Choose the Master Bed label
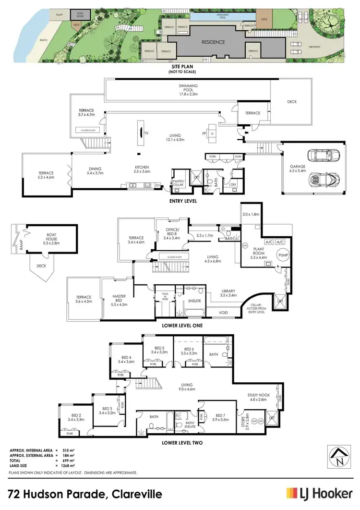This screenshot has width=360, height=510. pos(119,300)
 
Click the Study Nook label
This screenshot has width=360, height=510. pos(257,397)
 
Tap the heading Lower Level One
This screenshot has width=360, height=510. pos(180,325)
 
